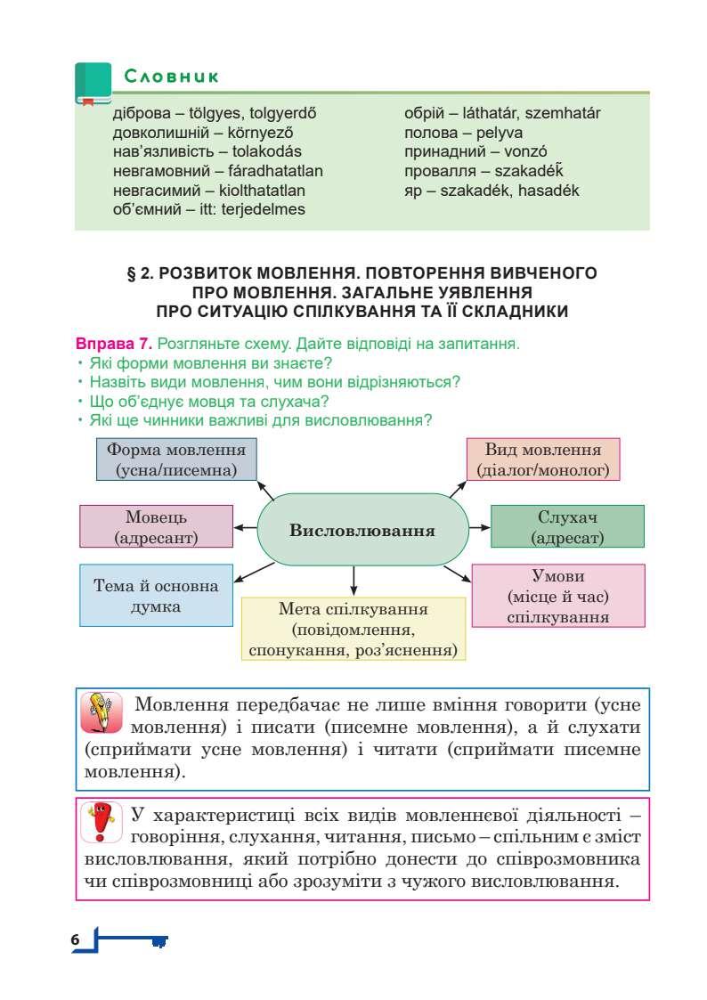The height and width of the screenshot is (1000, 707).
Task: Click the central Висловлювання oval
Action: pos(362,531)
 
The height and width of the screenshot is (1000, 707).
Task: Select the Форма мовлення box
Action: pos(176,459)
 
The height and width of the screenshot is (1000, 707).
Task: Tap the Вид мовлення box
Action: pos(543,459)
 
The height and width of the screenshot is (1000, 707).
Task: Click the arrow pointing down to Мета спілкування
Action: pos(354,581)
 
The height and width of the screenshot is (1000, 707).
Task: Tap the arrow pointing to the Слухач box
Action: pos(480,527)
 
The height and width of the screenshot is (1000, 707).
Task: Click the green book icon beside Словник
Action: pos(93,83)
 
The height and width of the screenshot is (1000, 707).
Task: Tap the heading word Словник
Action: pos(172,77)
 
